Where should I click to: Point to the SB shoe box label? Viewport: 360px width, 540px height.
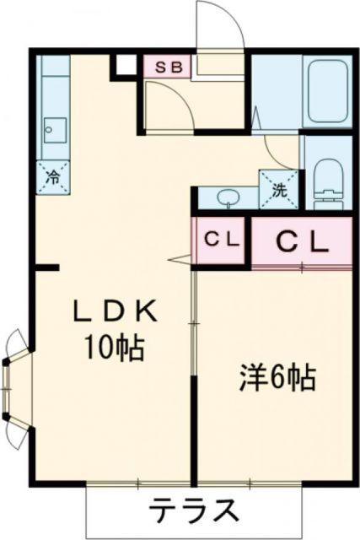point(166,67)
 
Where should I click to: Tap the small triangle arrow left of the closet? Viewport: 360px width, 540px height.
point(180,259)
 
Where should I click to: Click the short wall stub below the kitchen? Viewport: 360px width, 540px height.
point(47,268)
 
